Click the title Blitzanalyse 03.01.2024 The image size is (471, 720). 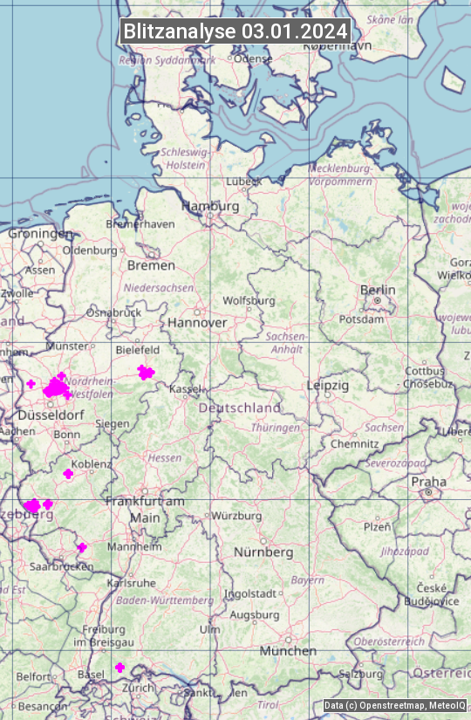click(x=235, y=31)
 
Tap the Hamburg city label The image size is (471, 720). click(x=210, y=206)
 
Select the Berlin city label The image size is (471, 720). click(x=378, y=290)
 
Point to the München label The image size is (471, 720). click(x=287, y=651)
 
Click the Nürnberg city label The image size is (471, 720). click(x=263, y=552)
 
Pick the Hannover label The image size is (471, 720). click(x=197, y=322)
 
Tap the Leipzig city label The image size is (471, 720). click(x=328, y=385)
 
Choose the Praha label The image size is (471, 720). click(x=428, y=482)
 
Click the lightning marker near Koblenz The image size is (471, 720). click(x=68, y=474)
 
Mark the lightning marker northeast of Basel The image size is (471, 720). click(x=120, y=668)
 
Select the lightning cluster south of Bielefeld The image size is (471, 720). click(x=146, y=373)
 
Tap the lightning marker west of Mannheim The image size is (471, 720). click(x=82, y=547)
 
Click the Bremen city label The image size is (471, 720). click(x=151, y=265)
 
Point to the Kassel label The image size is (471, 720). click(x=186, y=388)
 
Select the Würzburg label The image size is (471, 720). click(x=237, y=516)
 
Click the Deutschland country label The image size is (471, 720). click(x=240, y=408)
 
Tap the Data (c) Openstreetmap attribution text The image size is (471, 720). click(x=395, y=705)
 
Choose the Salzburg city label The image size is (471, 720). click(x=361, y=674)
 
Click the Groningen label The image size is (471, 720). click(x=40, y=234)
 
